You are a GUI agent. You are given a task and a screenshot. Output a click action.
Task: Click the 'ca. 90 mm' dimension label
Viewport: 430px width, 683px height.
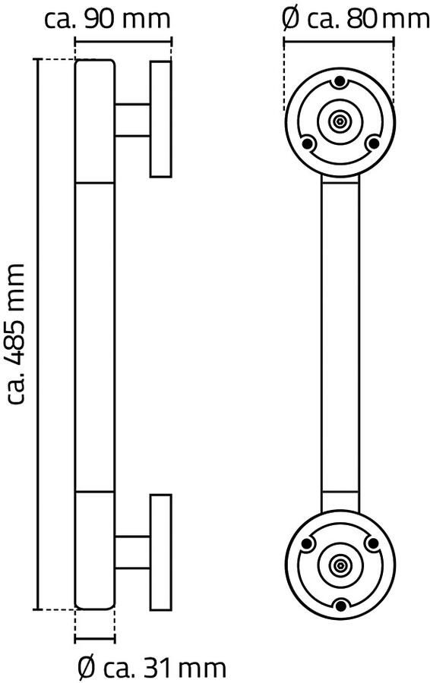pos(107,19)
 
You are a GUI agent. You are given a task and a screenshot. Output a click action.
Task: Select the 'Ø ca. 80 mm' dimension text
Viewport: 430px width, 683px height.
pos(355,19)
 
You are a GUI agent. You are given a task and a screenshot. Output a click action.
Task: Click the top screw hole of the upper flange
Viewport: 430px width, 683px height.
pos(340,81)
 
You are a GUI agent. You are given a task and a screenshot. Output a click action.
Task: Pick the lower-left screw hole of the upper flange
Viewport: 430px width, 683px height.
pos(307,143)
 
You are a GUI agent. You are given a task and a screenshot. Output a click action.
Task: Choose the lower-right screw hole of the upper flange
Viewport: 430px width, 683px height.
pos(372,143)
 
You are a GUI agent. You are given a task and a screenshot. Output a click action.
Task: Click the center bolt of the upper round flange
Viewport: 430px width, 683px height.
pos(340,121)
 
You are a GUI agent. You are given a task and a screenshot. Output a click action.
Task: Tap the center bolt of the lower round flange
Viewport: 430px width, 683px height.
pos(340,565)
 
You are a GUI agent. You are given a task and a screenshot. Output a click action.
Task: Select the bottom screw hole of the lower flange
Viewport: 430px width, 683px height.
pos(340,605)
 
